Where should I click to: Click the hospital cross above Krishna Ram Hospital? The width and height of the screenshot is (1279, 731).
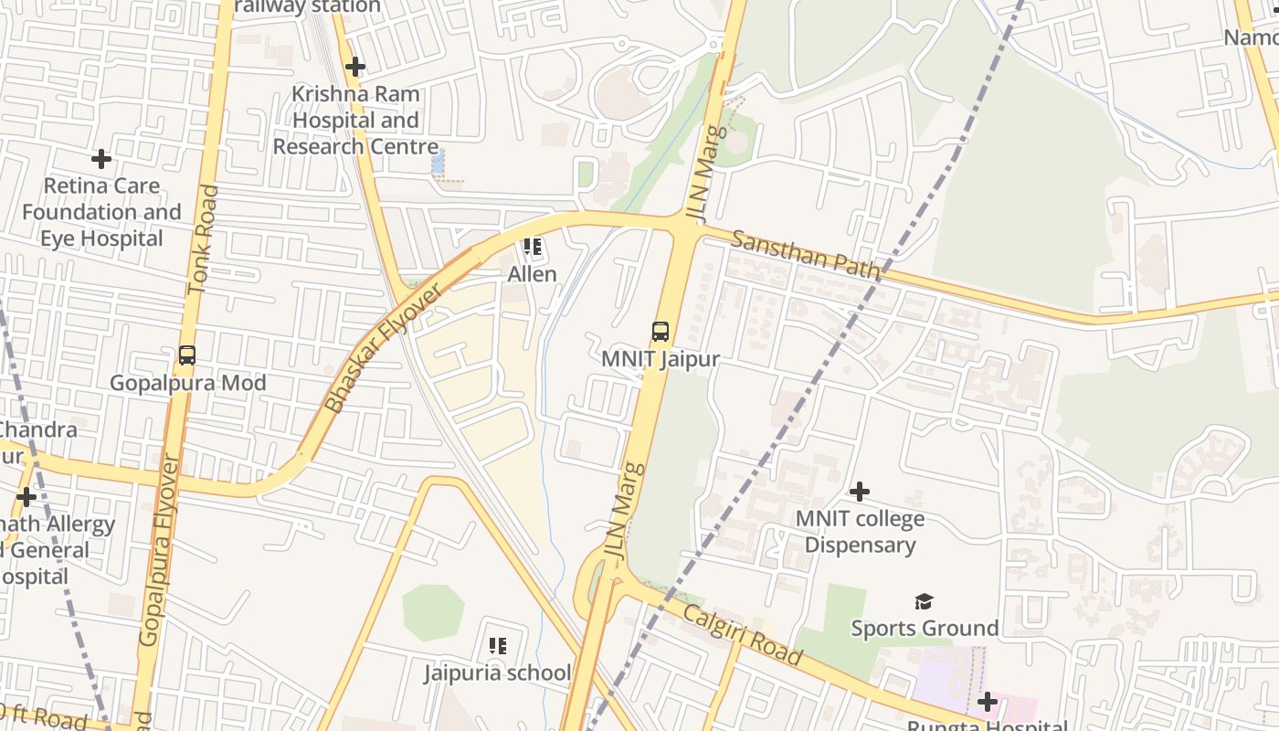[355, 67]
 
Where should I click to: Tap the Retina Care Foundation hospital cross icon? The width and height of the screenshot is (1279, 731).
[101, 159]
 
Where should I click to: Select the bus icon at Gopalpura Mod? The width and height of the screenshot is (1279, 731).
[187, 355]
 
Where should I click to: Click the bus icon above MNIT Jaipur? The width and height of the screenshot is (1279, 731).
[661, 332]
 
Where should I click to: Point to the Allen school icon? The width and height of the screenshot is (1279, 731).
[533, 247]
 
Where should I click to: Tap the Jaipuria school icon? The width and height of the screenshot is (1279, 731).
[498, 646]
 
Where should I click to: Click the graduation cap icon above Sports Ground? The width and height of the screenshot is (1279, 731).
[925, 601]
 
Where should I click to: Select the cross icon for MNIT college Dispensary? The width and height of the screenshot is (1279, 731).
[859, 492]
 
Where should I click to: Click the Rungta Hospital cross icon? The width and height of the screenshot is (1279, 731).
[987, 702]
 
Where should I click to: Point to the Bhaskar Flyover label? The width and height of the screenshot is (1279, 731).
[384, 347]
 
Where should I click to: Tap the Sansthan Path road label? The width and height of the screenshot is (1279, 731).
[805, 255]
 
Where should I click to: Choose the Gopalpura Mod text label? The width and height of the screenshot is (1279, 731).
[188, 382]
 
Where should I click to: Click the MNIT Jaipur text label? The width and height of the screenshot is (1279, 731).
[661, 359]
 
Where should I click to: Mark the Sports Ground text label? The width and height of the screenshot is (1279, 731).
[925, 628]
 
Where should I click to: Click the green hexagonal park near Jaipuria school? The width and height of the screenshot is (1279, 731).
[433, 612]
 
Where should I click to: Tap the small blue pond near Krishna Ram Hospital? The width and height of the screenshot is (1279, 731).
[438, 163]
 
